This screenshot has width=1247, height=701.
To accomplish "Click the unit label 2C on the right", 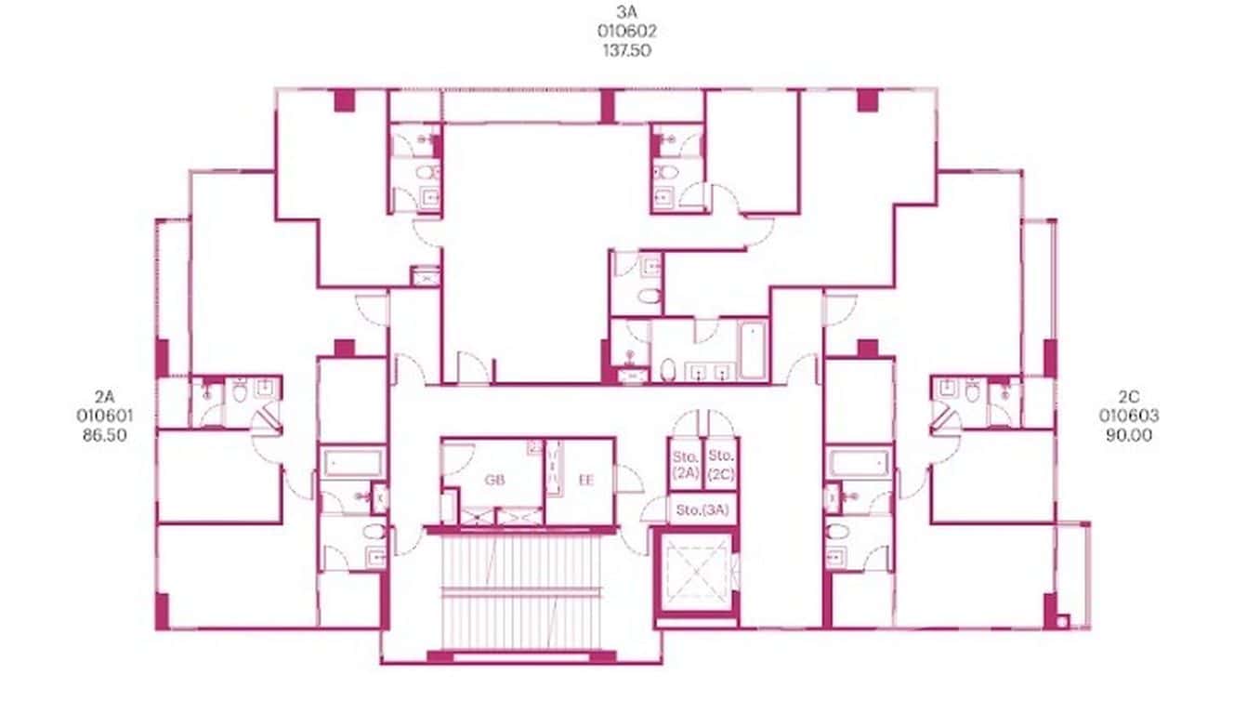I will point(1129,397).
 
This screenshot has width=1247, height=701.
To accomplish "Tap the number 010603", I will point(1129,416).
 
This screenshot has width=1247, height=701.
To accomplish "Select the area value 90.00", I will point(1129,434).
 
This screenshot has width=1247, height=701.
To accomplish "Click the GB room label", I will point(493,481).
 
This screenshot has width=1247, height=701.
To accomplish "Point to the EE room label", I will point(586,481).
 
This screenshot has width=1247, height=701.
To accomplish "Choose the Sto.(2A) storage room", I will point(685,464).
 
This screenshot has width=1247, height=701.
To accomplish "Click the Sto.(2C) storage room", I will point(720,464).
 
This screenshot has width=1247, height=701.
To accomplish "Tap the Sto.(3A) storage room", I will point(702,509).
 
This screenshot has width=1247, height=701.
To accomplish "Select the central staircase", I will point(519,590).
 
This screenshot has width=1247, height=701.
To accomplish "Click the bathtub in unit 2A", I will point(354,462).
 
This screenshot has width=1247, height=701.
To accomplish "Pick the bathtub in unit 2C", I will point(860,462).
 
